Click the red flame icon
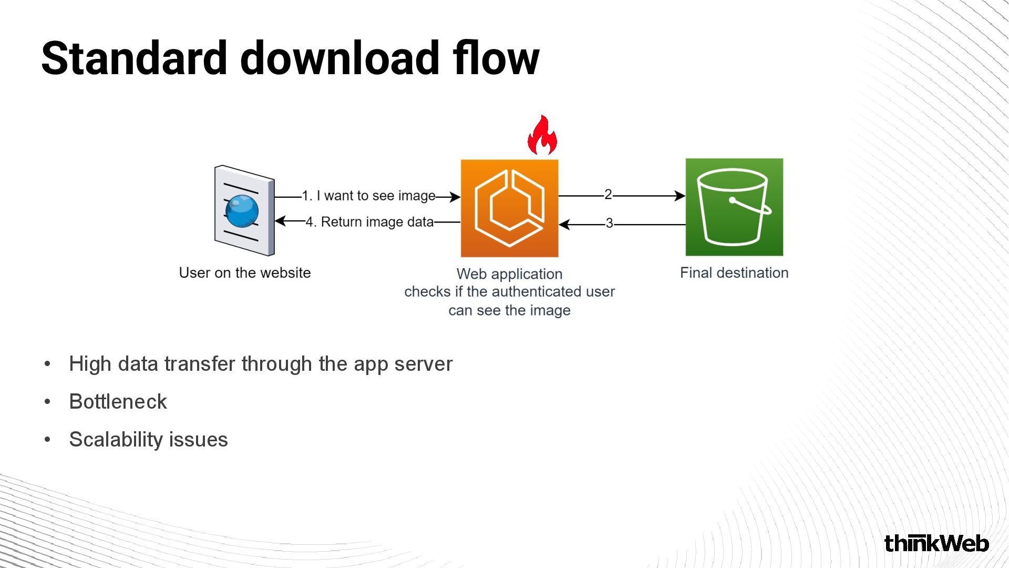click(542, 136)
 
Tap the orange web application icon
click(509, 208)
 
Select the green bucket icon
click(734, 207)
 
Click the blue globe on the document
click(242, 210)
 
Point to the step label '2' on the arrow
click(608, 195)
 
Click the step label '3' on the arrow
click(609, 224)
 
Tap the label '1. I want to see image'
click(369, 196)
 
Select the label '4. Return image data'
click(370, 222)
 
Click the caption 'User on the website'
click(245, 273)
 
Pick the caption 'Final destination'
click(734, 273)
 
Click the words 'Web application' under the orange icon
click(509, 274)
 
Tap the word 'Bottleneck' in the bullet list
click(118, 402)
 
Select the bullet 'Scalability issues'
click(149, 440)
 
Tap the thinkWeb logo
click(936, 543)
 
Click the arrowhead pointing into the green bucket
click(680, 196)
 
